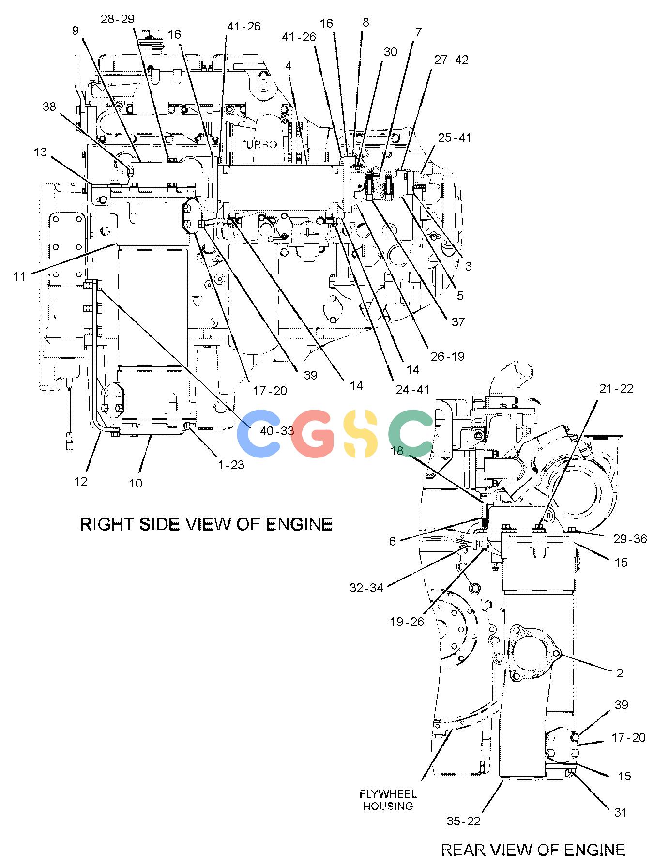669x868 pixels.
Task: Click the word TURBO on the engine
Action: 258,145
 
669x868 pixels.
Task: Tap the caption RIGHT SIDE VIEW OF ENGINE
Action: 206,524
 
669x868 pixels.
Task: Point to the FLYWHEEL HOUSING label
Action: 388,800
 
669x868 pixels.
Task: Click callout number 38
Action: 49,107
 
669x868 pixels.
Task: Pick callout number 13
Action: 40,152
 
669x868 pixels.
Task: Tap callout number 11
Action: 19,277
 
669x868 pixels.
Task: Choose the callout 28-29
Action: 118,19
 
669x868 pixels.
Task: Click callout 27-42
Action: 451,60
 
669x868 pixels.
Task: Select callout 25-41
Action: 455,137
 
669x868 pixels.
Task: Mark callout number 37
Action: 458,321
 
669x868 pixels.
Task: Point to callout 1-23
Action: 231,465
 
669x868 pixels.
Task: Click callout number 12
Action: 81,481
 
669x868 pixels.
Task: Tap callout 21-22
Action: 616,388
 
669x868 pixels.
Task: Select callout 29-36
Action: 629,539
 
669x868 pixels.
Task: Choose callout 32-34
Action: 366,588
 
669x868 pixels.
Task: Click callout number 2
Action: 620,672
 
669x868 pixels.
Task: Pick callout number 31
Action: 621,812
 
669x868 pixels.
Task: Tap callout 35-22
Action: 464,821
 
